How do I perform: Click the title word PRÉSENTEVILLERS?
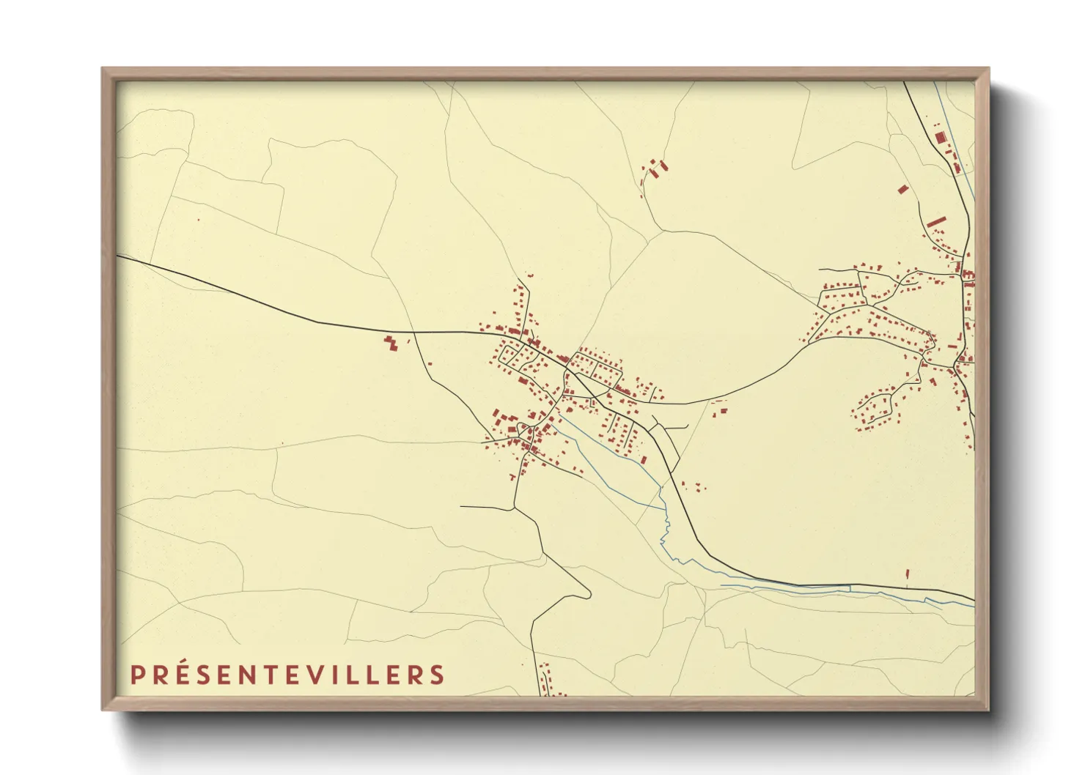point(287,675)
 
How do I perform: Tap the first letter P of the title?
point(136,675)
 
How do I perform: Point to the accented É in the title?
point(178,674)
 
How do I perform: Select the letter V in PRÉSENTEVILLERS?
point(330,675)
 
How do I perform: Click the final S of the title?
point(438,675)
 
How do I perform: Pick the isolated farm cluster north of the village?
point(655,170)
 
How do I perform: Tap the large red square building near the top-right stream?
point(941,137)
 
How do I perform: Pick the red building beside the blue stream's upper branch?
point(644,460)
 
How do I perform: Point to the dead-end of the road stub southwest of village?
point(462,506)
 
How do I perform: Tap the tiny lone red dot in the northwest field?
point(198,219)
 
